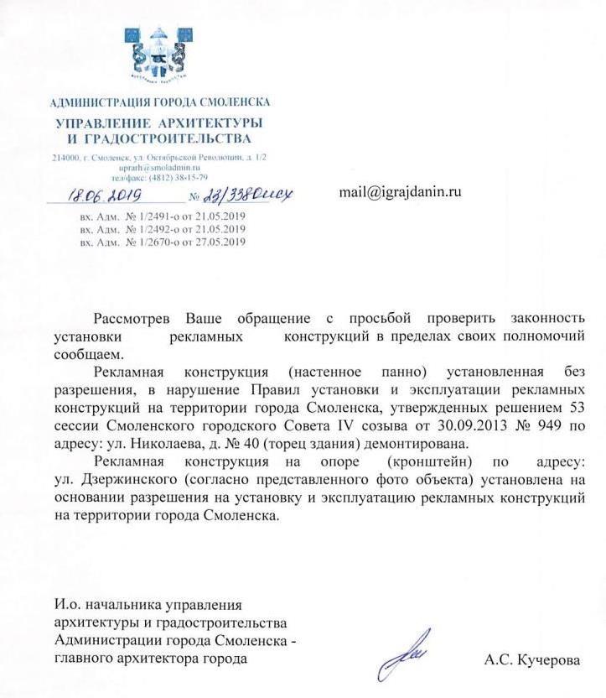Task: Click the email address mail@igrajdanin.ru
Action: [x=400, y=192]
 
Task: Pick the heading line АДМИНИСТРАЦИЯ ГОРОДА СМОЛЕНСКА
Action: [x=159, y=102]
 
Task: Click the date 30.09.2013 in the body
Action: [x=468, y=427]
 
